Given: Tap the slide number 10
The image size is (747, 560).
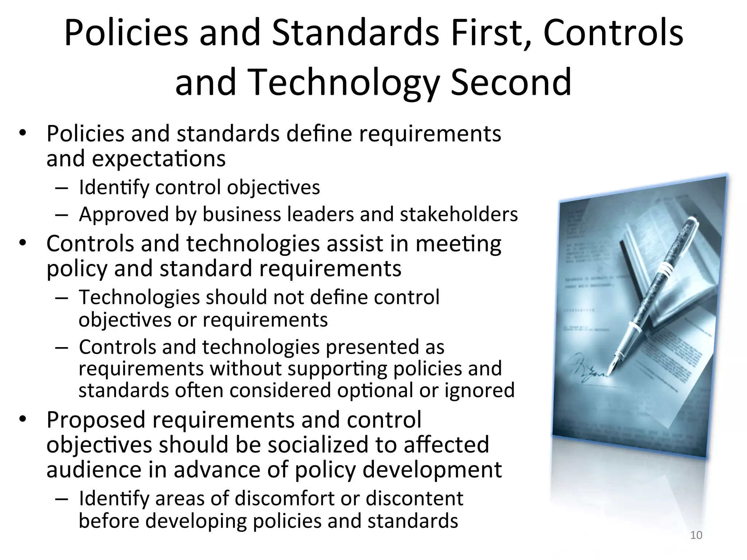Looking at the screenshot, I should pos(696,535).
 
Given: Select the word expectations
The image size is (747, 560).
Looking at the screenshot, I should pos(159,159).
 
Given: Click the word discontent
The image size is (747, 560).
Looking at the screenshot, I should pos(414,498).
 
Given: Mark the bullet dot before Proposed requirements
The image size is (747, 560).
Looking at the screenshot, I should pos(23,419).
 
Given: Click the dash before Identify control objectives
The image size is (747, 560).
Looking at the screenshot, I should pos(62,188).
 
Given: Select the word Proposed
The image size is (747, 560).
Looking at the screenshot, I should pos(96,420).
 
